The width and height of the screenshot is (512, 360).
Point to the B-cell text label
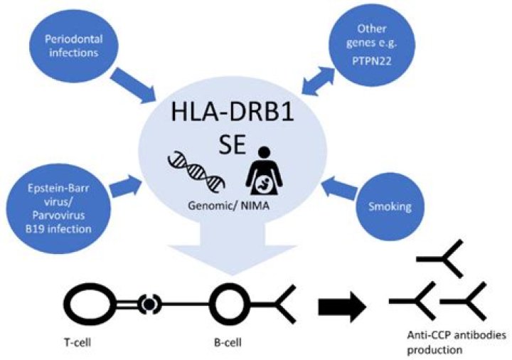pos(228,337)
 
